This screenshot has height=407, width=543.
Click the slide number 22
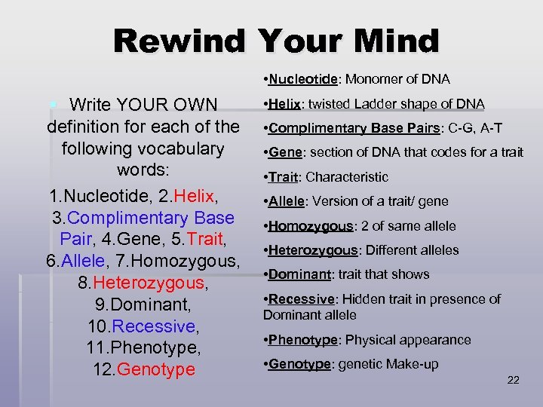click(x=513, y=380)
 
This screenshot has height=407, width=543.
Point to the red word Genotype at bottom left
click(x=157, y=370)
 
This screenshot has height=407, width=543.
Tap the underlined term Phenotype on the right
click(x=302, y=340)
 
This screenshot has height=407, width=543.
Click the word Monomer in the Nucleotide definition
click(x=372, y=79)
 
